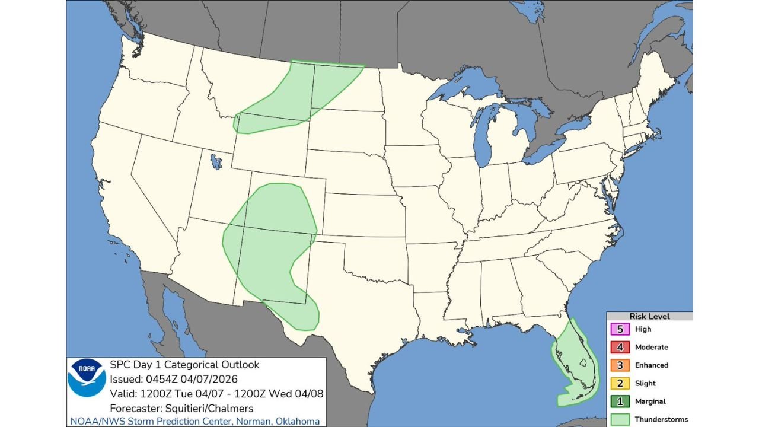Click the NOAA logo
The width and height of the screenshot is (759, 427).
pos(87,378)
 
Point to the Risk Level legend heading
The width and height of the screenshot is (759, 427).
pos(649,317)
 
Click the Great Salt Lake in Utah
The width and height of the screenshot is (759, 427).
pos(214,160)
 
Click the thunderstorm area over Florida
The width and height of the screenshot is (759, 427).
pos(572,380)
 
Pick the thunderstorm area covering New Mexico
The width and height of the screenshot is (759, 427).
pos(267,249)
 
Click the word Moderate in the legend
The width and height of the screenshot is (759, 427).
pos(651,347)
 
